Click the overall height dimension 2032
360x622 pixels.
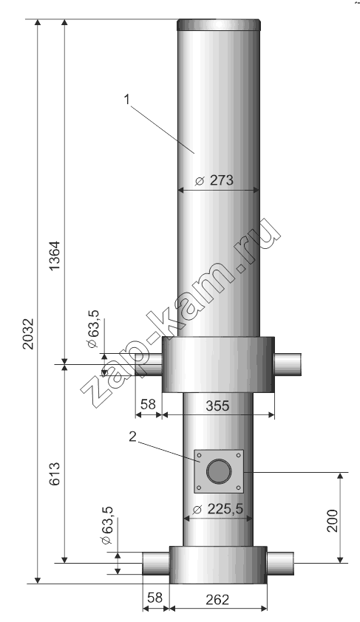click(x=29, y=332)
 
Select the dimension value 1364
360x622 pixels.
click(x=55, y=256)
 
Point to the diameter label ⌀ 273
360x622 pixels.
click(x=214, y=181)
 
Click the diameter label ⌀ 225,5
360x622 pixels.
click(x=218, y=508)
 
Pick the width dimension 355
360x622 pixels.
click(x=218, y=406)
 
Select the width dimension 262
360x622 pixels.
click(x=218, y=599)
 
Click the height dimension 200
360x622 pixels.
click(x=333, y=520)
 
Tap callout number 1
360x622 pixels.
click(x=127, y=100)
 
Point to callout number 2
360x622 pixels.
click(x=132, y=437)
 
